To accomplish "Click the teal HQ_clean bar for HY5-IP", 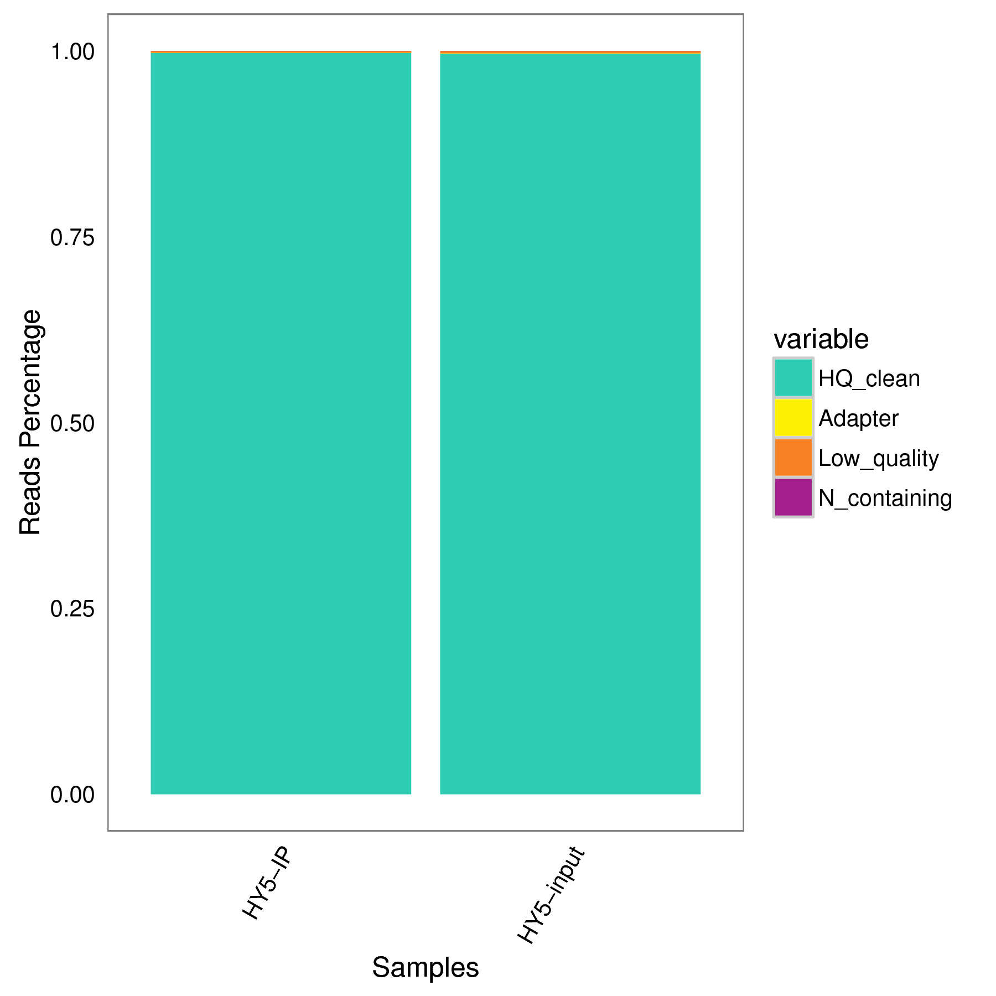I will tap(281, 423).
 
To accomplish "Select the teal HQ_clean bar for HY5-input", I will tap(570, 423).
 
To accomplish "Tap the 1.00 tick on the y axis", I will tap(72, 53).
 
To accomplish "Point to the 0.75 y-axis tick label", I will tap(72, 238).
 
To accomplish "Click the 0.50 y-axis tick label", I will tap(72, 424).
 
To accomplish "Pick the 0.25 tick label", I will tap(72, 609).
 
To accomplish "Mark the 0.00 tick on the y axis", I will tap(72, 795).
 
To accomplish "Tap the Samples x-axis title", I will tap(425, 967).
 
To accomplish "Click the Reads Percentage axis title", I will tap(30, 423).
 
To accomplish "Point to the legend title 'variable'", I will tap(821, 339).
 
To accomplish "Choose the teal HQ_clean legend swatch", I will tap(793, 378).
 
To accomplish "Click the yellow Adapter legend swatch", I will tap(793, 418).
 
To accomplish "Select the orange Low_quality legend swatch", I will tap(793, 458).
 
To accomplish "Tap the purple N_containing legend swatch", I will tap(793, 497).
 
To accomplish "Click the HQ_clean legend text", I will tap(869, 379).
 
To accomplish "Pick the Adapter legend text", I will tap(858, 419).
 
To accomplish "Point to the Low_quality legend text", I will tap(878, 459).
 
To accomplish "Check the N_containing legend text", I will tap(885, 499).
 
